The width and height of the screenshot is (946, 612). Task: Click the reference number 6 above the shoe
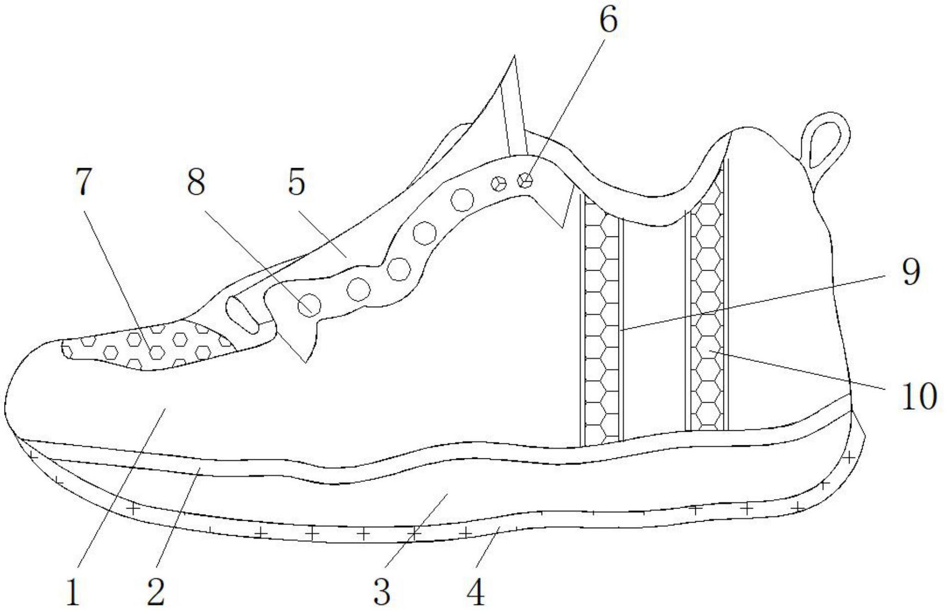(x=608, y=21)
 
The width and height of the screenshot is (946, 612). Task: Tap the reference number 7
(x=84, y=182)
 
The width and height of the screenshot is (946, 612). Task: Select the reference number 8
(x=196, y=182)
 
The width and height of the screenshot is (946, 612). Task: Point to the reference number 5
(x=296, y=182)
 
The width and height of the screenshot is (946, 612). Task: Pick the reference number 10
(x=919, y=397)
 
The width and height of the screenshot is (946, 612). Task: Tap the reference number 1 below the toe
(x=73, y=592)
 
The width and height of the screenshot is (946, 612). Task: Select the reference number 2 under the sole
(x=156, y=592)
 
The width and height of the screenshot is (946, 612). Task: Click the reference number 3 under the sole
(x=382, y=592)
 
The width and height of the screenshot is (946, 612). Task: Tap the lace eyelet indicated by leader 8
(x=308, y=305)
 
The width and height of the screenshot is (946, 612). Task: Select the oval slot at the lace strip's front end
(x=243, y=315)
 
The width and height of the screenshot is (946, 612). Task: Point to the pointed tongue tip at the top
(x=514, y=56)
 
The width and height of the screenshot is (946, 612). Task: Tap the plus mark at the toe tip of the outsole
(x=33, y=456)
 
